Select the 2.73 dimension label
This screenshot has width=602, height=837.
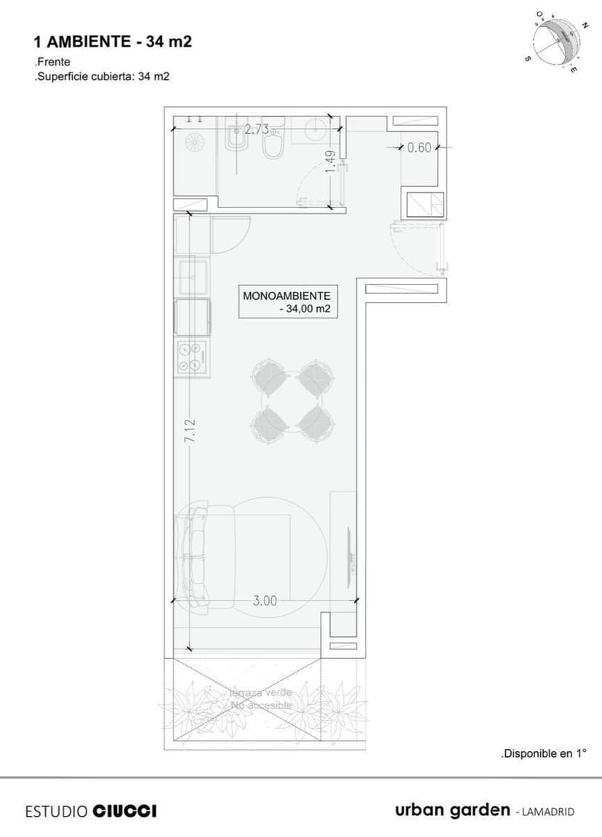tap(256, 130)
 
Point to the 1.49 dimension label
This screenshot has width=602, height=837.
tap(331, 161)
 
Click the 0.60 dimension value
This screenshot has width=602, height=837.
tap(420, 148)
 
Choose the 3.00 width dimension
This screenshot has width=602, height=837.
tap(265, 600)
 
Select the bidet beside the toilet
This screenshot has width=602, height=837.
tap(234, 139)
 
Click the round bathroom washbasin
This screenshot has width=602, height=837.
tap(316, 129)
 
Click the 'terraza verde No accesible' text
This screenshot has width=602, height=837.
tap(261, 699)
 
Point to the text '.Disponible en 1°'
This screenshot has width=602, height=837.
tap(543, 754)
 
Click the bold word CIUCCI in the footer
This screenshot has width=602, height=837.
tap(124, 811)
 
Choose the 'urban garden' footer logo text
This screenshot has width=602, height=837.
tap(452, 810)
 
